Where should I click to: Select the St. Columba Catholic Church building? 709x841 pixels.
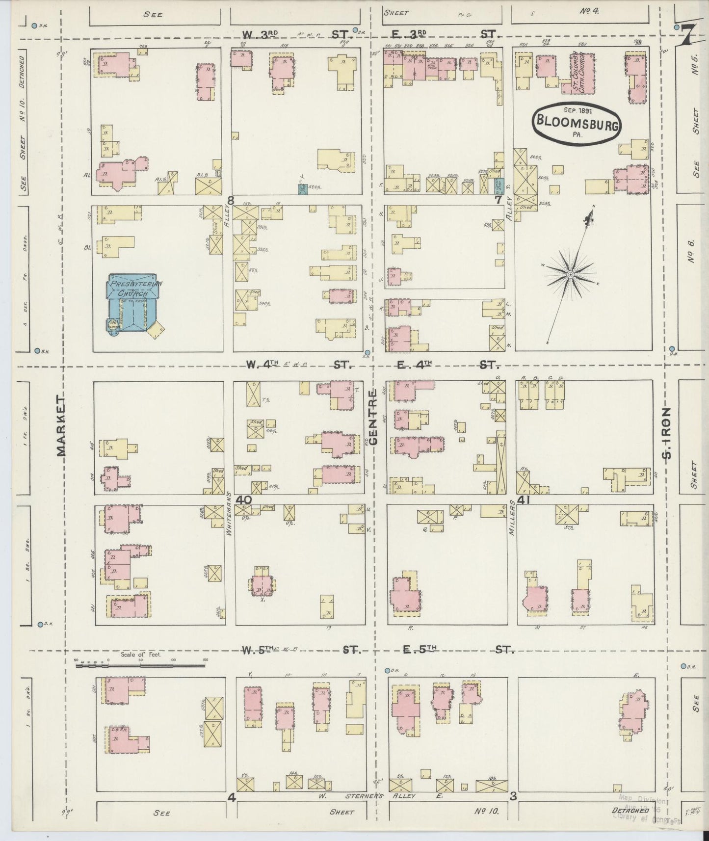(582, 74)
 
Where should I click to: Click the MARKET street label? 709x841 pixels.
(62, 424)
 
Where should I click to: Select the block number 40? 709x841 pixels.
(243, 499)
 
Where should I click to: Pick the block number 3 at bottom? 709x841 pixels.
(513, 797)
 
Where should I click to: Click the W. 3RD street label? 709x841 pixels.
(260, 33)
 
